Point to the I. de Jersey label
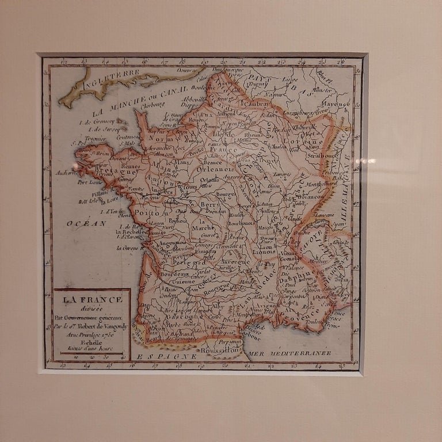coord(96,129)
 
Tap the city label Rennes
coord(131,166)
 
